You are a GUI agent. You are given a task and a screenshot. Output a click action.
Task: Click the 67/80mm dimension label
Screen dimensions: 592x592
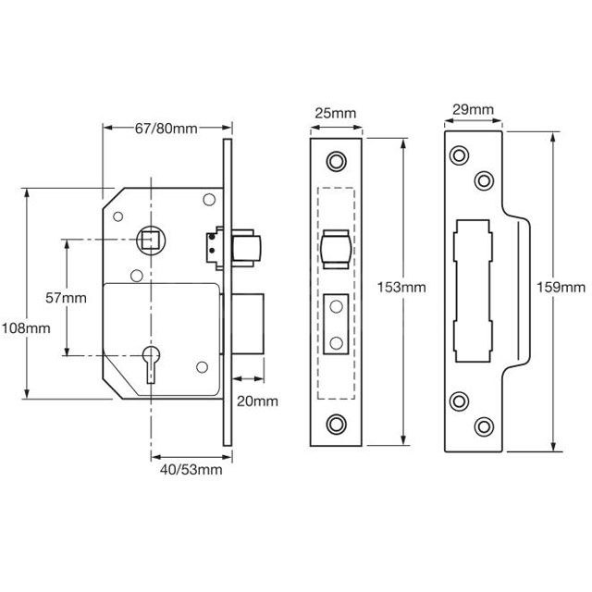tap(166, 129)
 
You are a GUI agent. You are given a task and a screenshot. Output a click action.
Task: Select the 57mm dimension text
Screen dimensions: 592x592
tap(66, 297)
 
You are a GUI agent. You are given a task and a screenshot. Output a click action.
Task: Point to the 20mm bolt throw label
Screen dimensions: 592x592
tap(256, 401)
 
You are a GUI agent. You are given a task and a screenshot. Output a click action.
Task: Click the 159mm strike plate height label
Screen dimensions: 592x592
tap(559, 287)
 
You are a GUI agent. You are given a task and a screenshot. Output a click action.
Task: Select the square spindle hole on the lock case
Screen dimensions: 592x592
tap(150, 238)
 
